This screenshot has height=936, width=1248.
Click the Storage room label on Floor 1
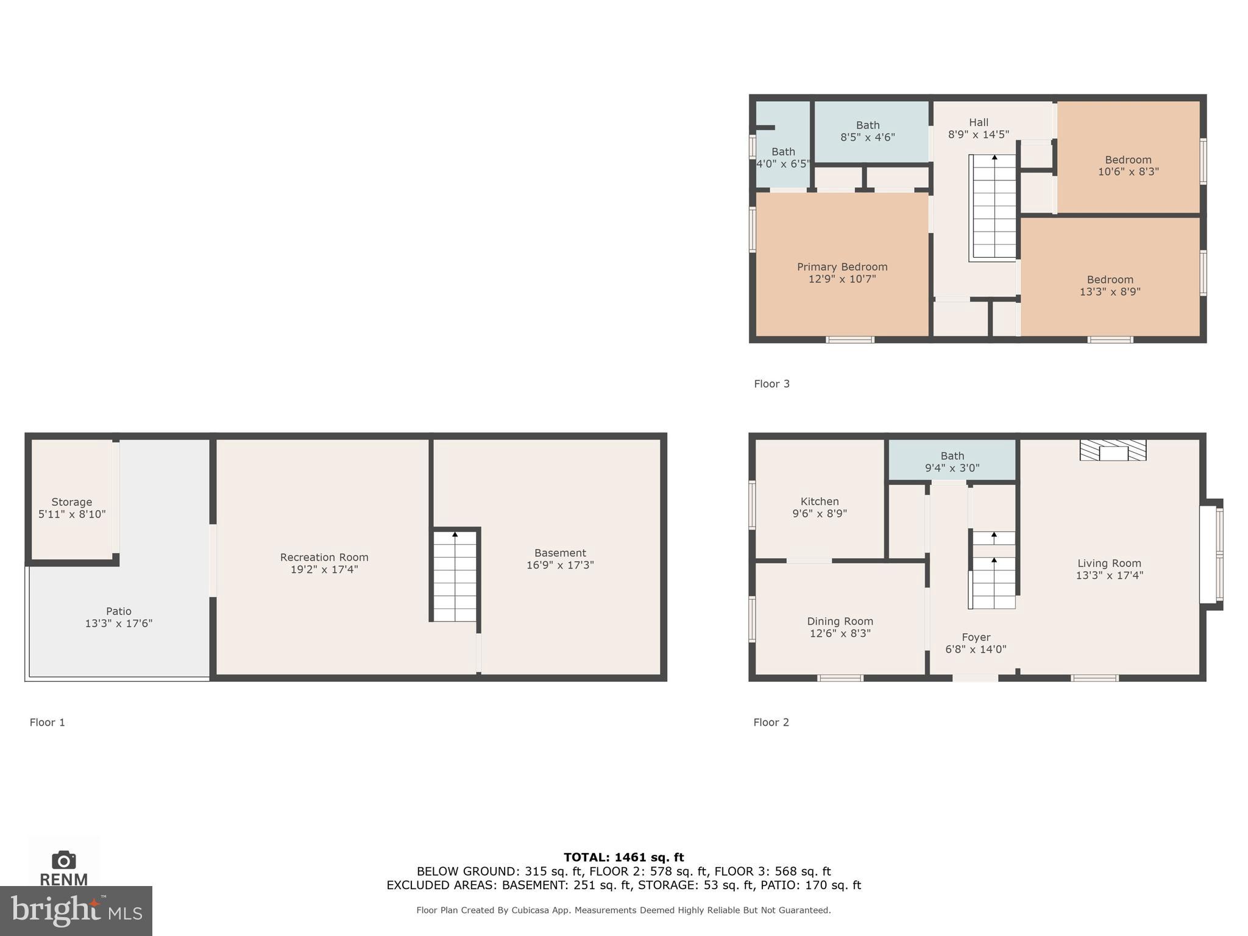[x=71, y=502]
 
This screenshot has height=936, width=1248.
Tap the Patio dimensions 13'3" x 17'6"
[x=118, y=623]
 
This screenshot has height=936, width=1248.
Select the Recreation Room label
[x=324, y=557]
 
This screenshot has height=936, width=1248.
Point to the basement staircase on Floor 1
[x=455, y=576]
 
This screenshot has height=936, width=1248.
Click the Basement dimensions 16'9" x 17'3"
[x=559, y=565]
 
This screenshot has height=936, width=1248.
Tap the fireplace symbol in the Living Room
[x=1113, y=450]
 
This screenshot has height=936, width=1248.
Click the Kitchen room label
[x=819, y=502]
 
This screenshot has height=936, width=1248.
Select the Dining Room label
[x=840, y=621]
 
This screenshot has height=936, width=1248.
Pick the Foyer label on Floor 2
[x=976, y=637]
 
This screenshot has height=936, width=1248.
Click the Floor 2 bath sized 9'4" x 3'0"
[x=952, y=462]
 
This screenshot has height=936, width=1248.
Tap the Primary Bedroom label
[x=842, y=267]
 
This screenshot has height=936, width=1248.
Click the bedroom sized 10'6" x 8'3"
[x=1128, y=166]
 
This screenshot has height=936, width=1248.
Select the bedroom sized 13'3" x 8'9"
[x=1110, y=285]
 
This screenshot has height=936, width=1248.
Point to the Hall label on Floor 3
[x=978, y=122]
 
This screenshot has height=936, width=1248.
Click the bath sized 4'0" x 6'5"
[x=783, y=157]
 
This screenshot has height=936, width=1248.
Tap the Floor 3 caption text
[x=771, y=384]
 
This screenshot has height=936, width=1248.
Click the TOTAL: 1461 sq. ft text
[x=623, y=857]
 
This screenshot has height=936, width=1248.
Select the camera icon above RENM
[x=63, y=860]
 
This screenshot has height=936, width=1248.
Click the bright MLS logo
[x=76, y=910]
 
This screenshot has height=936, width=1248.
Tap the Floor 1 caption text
[x=47, y=722]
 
